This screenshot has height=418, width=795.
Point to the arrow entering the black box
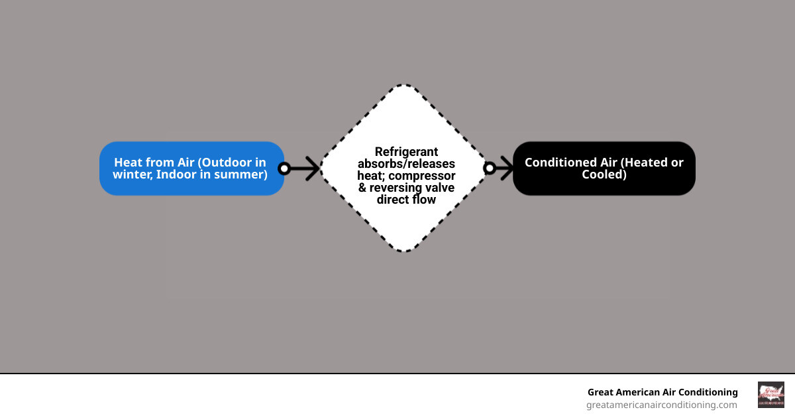click(505, 169)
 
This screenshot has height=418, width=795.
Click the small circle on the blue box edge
click(284, 169)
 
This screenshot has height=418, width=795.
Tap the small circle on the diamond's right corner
click(490, 169)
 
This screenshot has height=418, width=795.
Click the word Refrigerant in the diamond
click(406, 152)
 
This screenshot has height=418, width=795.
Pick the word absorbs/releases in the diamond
click(406, 164)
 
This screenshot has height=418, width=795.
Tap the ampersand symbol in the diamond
click(362, 188)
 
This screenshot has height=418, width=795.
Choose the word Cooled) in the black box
click(604, 174)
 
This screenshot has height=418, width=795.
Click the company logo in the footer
click(770, 395)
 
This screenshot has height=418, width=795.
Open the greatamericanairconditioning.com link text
click(661, 405)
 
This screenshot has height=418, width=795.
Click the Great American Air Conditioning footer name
click(662, 392)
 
